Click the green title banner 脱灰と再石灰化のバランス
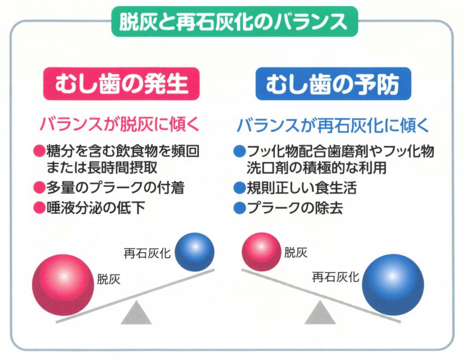pyautogui.click(x=235, y=21)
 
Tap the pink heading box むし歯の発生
pyautogui.click(x=121, y=84)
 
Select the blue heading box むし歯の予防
pyautogui.click(x=333, y=84)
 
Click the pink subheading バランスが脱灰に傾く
pyautogui.click(x=119, y=124)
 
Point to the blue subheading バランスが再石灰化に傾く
pyautogui.click(x=333, y=125)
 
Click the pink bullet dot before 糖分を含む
pyautogui.click(x=39, y=151)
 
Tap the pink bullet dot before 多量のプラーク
pyautogui.click(x=39, y=188)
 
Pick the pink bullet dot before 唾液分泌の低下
pyautogui.click(x=39, y=207)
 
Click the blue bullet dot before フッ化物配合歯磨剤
pyautogui.click(x=239, y=151)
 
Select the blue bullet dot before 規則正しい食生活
pyautogui.click(x=239, y=188)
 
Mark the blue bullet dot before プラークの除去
pyautogui.click(x=239, y=208)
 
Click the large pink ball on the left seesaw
pyautogui.click(x=63, y=285)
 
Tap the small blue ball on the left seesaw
pyautogui.click(x=195, y=252)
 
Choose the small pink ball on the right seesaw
pyautogui.click(x=262, y=252)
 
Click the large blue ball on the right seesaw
pyautogui.click(x=393, y=285)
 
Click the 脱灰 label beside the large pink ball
pyautogui.click(x=109, y=279)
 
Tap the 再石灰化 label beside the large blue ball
pyautogui.click(x=335, y=277)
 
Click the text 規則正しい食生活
pyautogui.click(x=301, y=188)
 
